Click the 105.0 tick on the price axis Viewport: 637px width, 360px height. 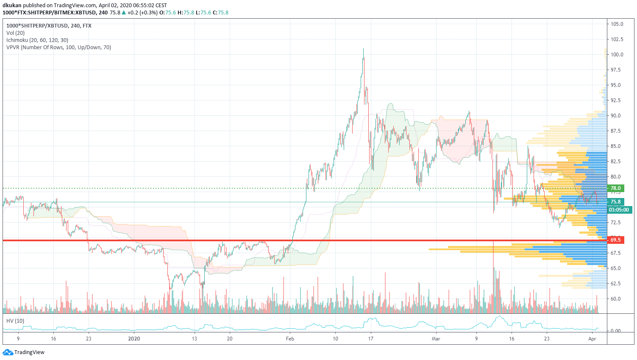pyautogui.click(x=617, y=24)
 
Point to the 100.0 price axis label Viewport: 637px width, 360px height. pyautogui.click(x=617, y=55)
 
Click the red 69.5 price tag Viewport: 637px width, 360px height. pyautogui.click(x=615, y=240)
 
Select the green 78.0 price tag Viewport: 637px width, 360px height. pyautogui.click(x=615, y=188)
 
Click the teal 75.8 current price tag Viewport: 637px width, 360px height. pyautogui.click(x=615, y=202)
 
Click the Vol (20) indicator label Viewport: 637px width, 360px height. pyautogui.click(x=16, y=33)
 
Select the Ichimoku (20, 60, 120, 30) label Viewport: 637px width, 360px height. pyautogui.click(x=37, y=40)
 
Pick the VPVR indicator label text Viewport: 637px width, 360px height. pyautogui.click(x=59, y=47)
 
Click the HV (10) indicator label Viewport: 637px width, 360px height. pyautogui.click(x=15, y=321)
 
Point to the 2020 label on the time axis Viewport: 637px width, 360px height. pyautogui.click(x=134, y=339)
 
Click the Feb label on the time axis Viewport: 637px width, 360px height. pyautogui.click(x=290, y=339)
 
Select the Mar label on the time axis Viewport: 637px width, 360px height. pyautogui.click(x=436, y=339)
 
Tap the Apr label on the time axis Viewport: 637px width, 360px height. pyautogui.click(x=592, y=339)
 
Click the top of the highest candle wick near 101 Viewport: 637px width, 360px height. pyautogui.click(x=363, y=49)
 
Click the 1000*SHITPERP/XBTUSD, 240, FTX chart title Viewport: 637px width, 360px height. pyautogui.click(x=49, y=26)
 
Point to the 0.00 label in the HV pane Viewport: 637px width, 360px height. pyautogui.click(x=615, y=331)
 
